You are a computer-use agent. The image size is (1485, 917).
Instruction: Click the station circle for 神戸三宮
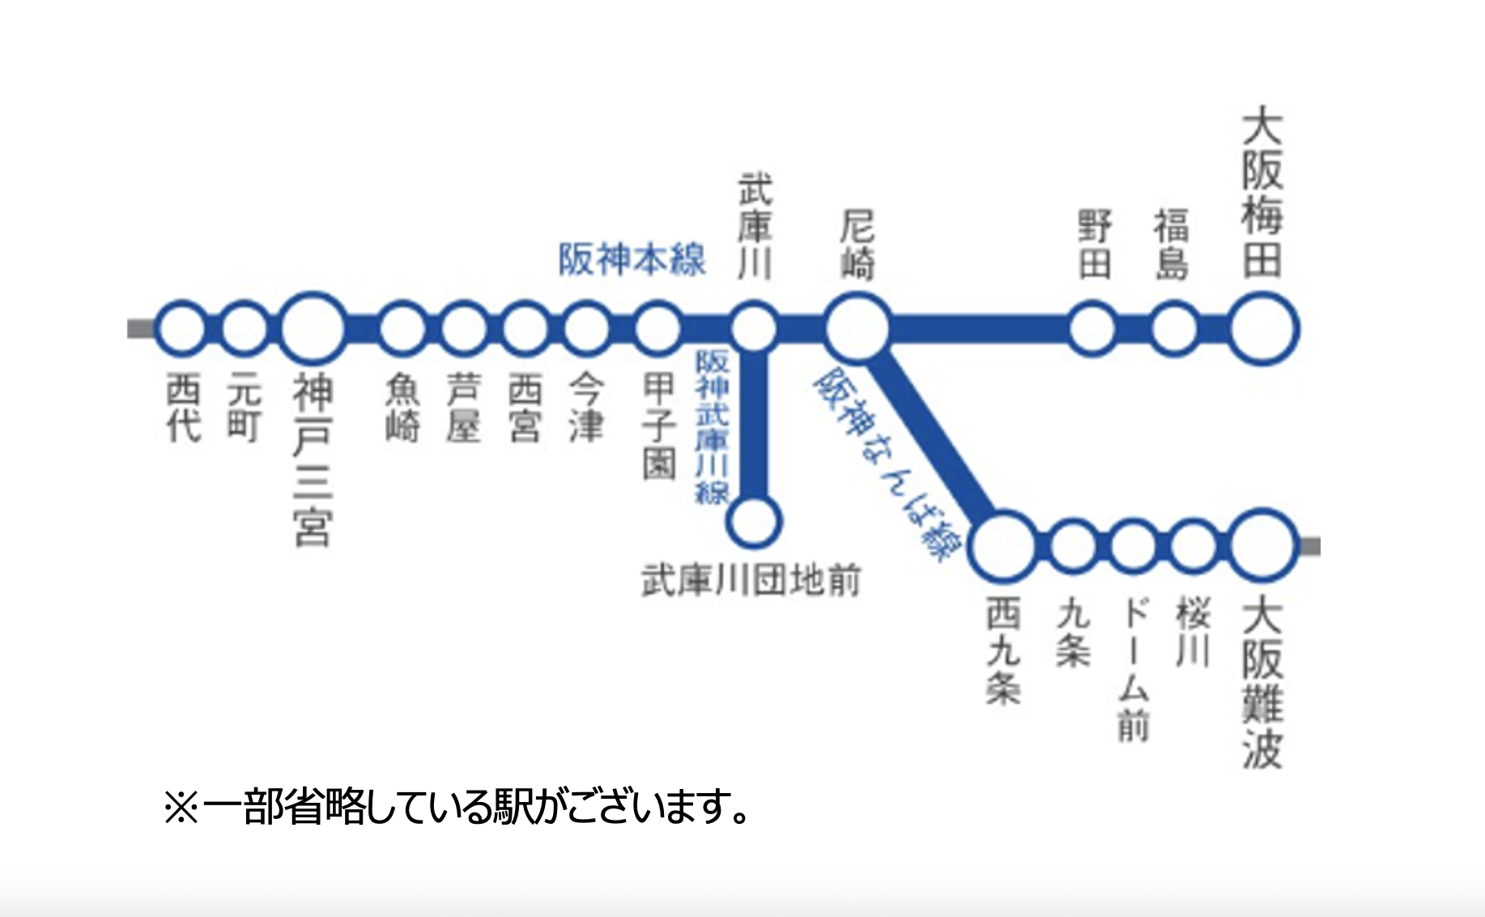313,328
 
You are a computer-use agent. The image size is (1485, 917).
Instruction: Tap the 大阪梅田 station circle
1263,329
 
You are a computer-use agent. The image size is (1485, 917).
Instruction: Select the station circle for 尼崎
857,328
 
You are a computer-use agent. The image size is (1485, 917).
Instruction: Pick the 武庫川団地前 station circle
754,521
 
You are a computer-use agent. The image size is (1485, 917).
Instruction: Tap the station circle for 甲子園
657,328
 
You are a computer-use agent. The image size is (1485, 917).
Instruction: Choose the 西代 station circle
181,328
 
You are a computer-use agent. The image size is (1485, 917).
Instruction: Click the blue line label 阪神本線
632,260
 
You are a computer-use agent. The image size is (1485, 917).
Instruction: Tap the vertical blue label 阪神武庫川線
713,427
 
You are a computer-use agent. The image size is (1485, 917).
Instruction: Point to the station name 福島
1172,244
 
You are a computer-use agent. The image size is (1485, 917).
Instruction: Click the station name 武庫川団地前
751,581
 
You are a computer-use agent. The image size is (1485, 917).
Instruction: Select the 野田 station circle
1092,328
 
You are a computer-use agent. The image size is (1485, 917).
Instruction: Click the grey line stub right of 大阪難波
1310,547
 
